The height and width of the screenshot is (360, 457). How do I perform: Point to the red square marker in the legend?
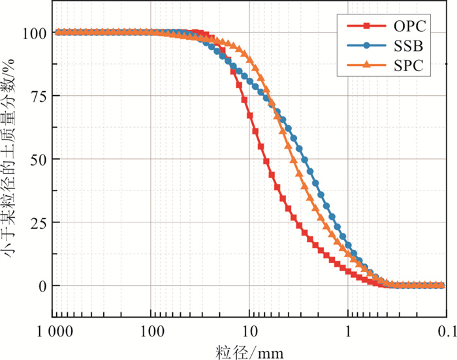point(367,26)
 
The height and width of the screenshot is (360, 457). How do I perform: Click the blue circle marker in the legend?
point(367,46)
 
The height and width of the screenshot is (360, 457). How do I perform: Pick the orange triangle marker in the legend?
point(367,65)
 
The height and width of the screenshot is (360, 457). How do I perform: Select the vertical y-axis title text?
point(11,159)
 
